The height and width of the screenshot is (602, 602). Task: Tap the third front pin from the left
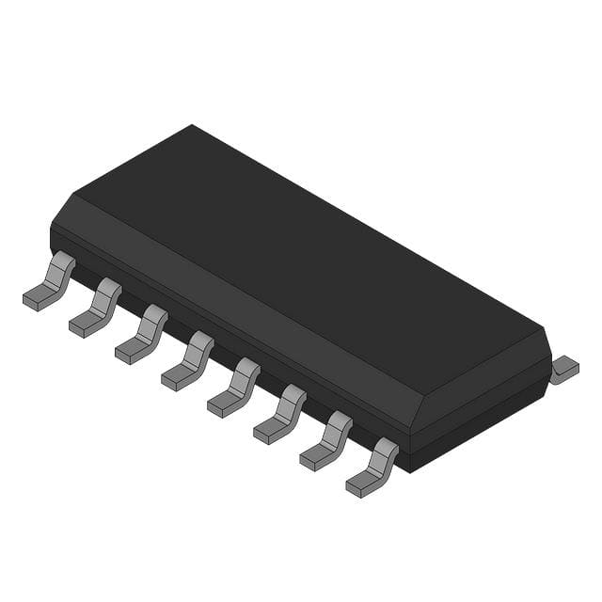click(x=142, y=335)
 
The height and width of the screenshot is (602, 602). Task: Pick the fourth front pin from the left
click(x=188, y=361)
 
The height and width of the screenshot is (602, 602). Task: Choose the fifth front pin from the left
click(x=234, y=388)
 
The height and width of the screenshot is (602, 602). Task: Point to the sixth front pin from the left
click(x=280, y=414)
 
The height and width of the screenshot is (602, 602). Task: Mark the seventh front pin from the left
click(x=326, y=441)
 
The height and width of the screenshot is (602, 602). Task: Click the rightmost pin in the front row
click(x=372, y=467)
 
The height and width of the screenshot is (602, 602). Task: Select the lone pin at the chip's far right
click(x=564, y=369)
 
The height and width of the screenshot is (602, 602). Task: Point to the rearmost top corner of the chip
click(x=192, y=125)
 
